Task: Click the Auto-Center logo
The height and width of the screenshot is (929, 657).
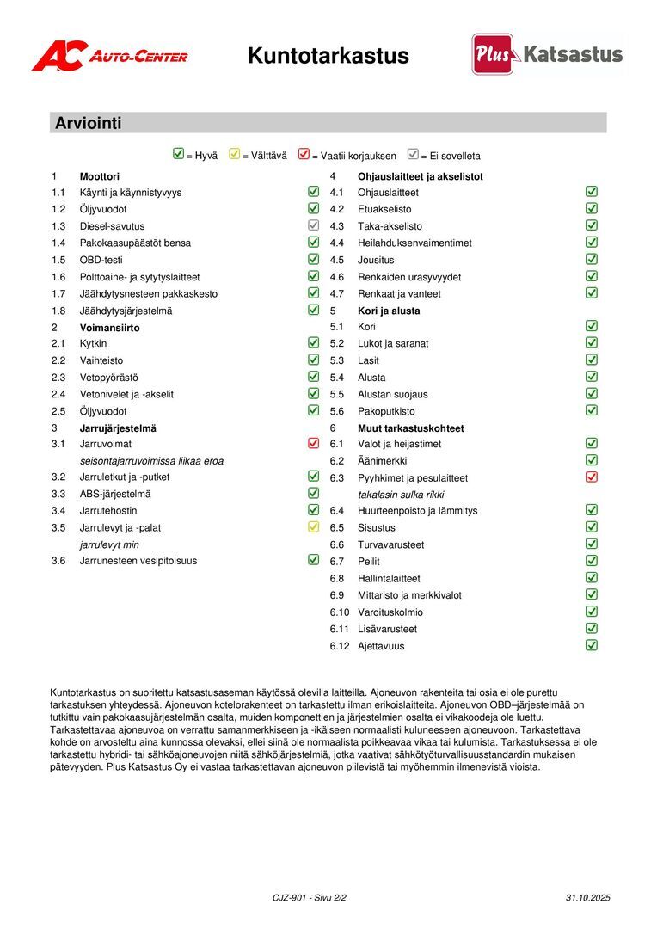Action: coord(109,56)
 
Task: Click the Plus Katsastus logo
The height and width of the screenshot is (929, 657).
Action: coord(547,54)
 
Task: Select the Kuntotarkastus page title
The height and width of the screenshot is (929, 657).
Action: coord(328,56)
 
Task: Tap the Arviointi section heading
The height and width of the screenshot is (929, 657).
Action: coord(89,123)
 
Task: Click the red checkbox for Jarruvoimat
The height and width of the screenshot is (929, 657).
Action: coord(313,444)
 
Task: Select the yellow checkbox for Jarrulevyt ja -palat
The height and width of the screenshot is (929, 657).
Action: coord(313,527)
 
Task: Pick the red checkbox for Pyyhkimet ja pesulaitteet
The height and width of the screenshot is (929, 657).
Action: coord(592,477)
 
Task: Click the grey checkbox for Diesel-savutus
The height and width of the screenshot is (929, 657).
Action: coord(313,225)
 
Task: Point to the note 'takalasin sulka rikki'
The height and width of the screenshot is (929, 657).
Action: coord(401,495)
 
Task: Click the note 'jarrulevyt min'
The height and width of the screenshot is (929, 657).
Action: coord(109,544)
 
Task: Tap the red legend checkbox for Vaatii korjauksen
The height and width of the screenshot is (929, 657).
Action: coord(304,155)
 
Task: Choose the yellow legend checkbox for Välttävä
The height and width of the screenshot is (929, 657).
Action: coord(234,155)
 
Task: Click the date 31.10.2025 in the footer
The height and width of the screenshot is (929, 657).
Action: coord(588,897)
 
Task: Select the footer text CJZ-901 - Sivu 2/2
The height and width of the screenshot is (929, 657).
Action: coord(310,897)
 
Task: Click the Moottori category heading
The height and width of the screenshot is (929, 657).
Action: coord(100,176)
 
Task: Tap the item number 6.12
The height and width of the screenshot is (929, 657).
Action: coord(340,646)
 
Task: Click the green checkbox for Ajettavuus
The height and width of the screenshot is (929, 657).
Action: coord(592,645)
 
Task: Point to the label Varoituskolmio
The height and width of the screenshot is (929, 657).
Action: coord(390,612)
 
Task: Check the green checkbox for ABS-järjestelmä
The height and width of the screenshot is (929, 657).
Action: coord(313,494)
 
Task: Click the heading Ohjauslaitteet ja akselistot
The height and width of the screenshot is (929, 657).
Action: coord(421,176)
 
